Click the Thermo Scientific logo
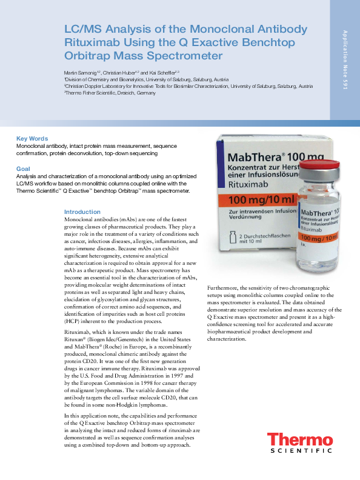point(300,444)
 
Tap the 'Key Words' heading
point(32,139)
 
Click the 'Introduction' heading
point(82,212)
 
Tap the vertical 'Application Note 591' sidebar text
point(344,60)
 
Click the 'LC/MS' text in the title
point(82,29)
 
